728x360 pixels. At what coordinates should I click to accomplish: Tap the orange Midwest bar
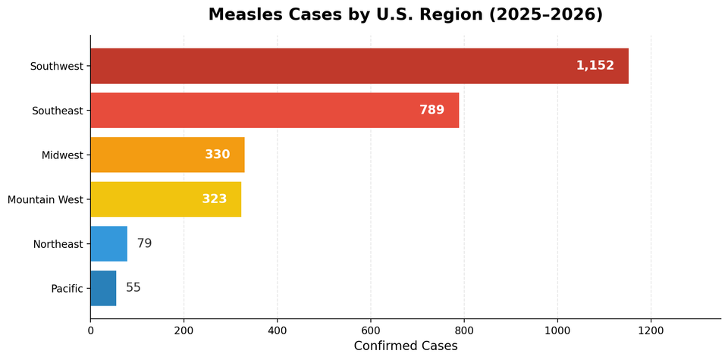167,155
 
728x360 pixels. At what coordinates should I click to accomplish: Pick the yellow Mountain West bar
165,199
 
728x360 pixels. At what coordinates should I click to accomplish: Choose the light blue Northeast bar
108,244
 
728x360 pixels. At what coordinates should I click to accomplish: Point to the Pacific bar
103,288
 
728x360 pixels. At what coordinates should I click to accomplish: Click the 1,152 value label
595,66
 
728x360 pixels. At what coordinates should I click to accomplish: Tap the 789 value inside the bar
431,111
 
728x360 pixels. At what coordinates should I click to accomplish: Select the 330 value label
217,155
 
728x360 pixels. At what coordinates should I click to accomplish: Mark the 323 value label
214,199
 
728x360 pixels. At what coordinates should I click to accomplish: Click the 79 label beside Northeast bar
144,244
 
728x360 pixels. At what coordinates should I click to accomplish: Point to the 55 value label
133,288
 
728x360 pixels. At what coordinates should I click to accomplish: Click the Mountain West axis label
45,200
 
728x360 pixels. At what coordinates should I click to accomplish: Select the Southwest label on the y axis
56,67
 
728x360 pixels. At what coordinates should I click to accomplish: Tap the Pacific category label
67,289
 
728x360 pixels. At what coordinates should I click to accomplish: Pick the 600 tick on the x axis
371,330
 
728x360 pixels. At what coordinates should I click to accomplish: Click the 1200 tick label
651,330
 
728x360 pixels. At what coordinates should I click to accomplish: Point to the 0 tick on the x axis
90,330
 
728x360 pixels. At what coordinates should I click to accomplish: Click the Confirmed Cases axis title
406,346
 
